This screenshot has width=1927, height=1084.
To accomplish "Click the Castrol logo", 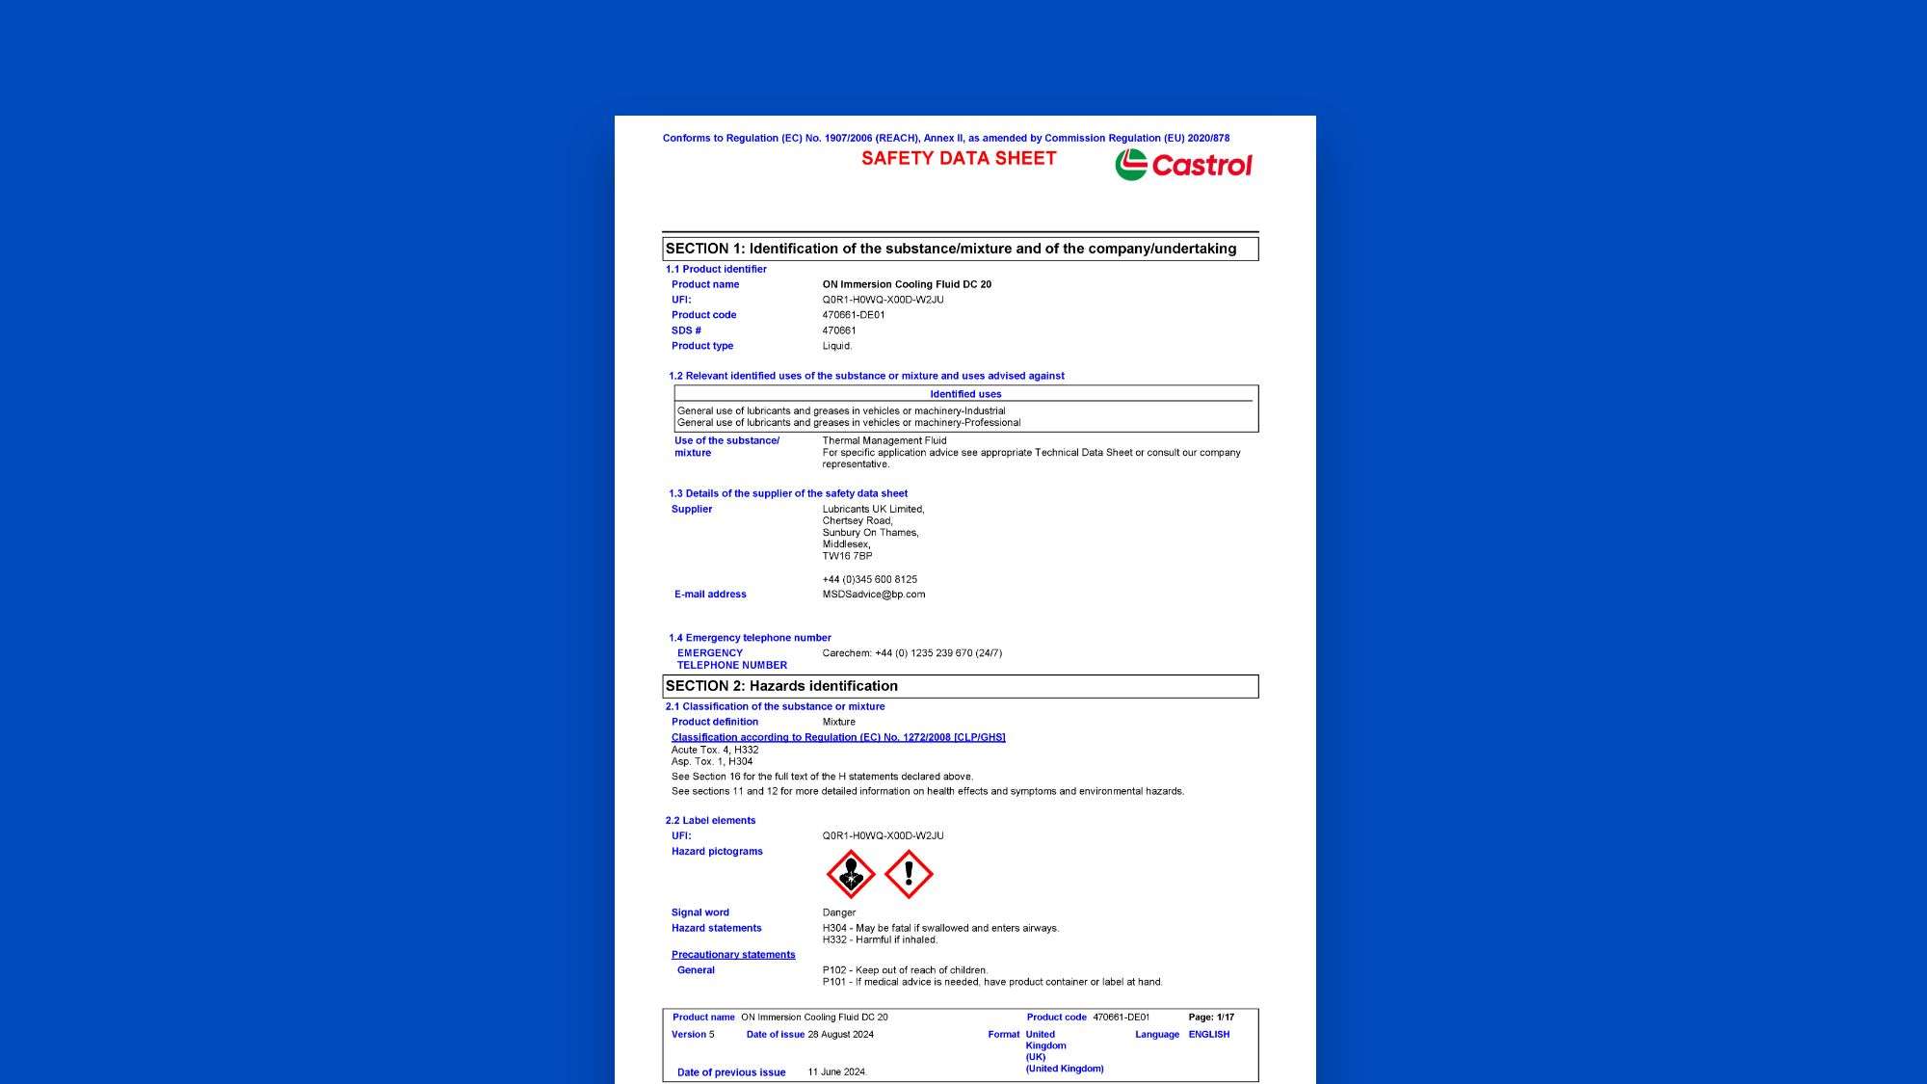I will click(1183, 165).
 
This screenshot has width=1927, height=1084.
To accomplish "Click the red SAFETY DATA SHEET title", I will click(959, 159).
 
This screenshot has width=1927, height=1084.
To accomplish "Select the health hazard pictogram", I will click(851, 874).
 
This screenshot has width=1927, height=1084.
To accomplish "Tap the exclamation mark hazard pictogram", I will click(909, 874).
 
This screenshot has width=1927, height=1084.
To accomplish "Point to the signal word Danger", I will click(839, 912).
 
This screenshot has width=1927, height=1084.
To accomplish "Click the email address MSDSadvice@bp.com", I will click(874, 595).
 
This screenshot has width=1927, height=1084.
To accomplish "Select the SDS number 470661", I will click(839, 330).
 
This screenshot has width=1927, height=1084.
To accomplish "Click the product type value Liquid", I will click(837, 346).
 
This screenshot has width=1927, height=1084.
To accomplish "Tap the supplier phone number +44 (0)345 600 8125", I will click(870, 579).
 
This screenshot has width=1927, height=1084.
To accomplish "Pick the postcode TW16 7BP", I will click(847, 556).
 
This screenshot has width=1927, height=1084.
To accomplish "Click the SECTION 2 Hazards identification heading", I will click(781, 686).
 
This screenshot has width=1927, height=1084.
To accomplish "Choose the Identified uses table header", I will click(965, 394).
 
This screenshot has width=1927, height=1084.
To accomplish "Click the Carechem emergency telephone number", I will click(912, 653).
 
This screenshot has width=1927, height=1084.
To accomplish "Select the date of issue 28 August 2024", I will click(841, 1035).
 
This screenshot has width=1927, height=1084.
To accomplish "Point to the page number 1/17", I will click(1226, 1018).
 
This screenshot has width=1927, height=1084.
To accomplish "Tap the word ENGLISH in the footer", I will click(1209, 1035).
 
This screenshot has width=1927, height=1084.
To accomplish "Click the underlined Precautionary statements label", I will click(733, 955).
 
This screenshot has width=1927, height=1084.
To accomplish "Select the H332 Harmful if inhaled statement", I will click(880, 939).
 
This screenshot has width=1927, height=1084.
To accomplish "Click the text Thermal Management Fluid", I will click(884, 440).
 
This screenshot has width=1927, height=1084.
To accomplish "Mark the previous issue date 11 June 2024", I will click(837, 1072).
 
